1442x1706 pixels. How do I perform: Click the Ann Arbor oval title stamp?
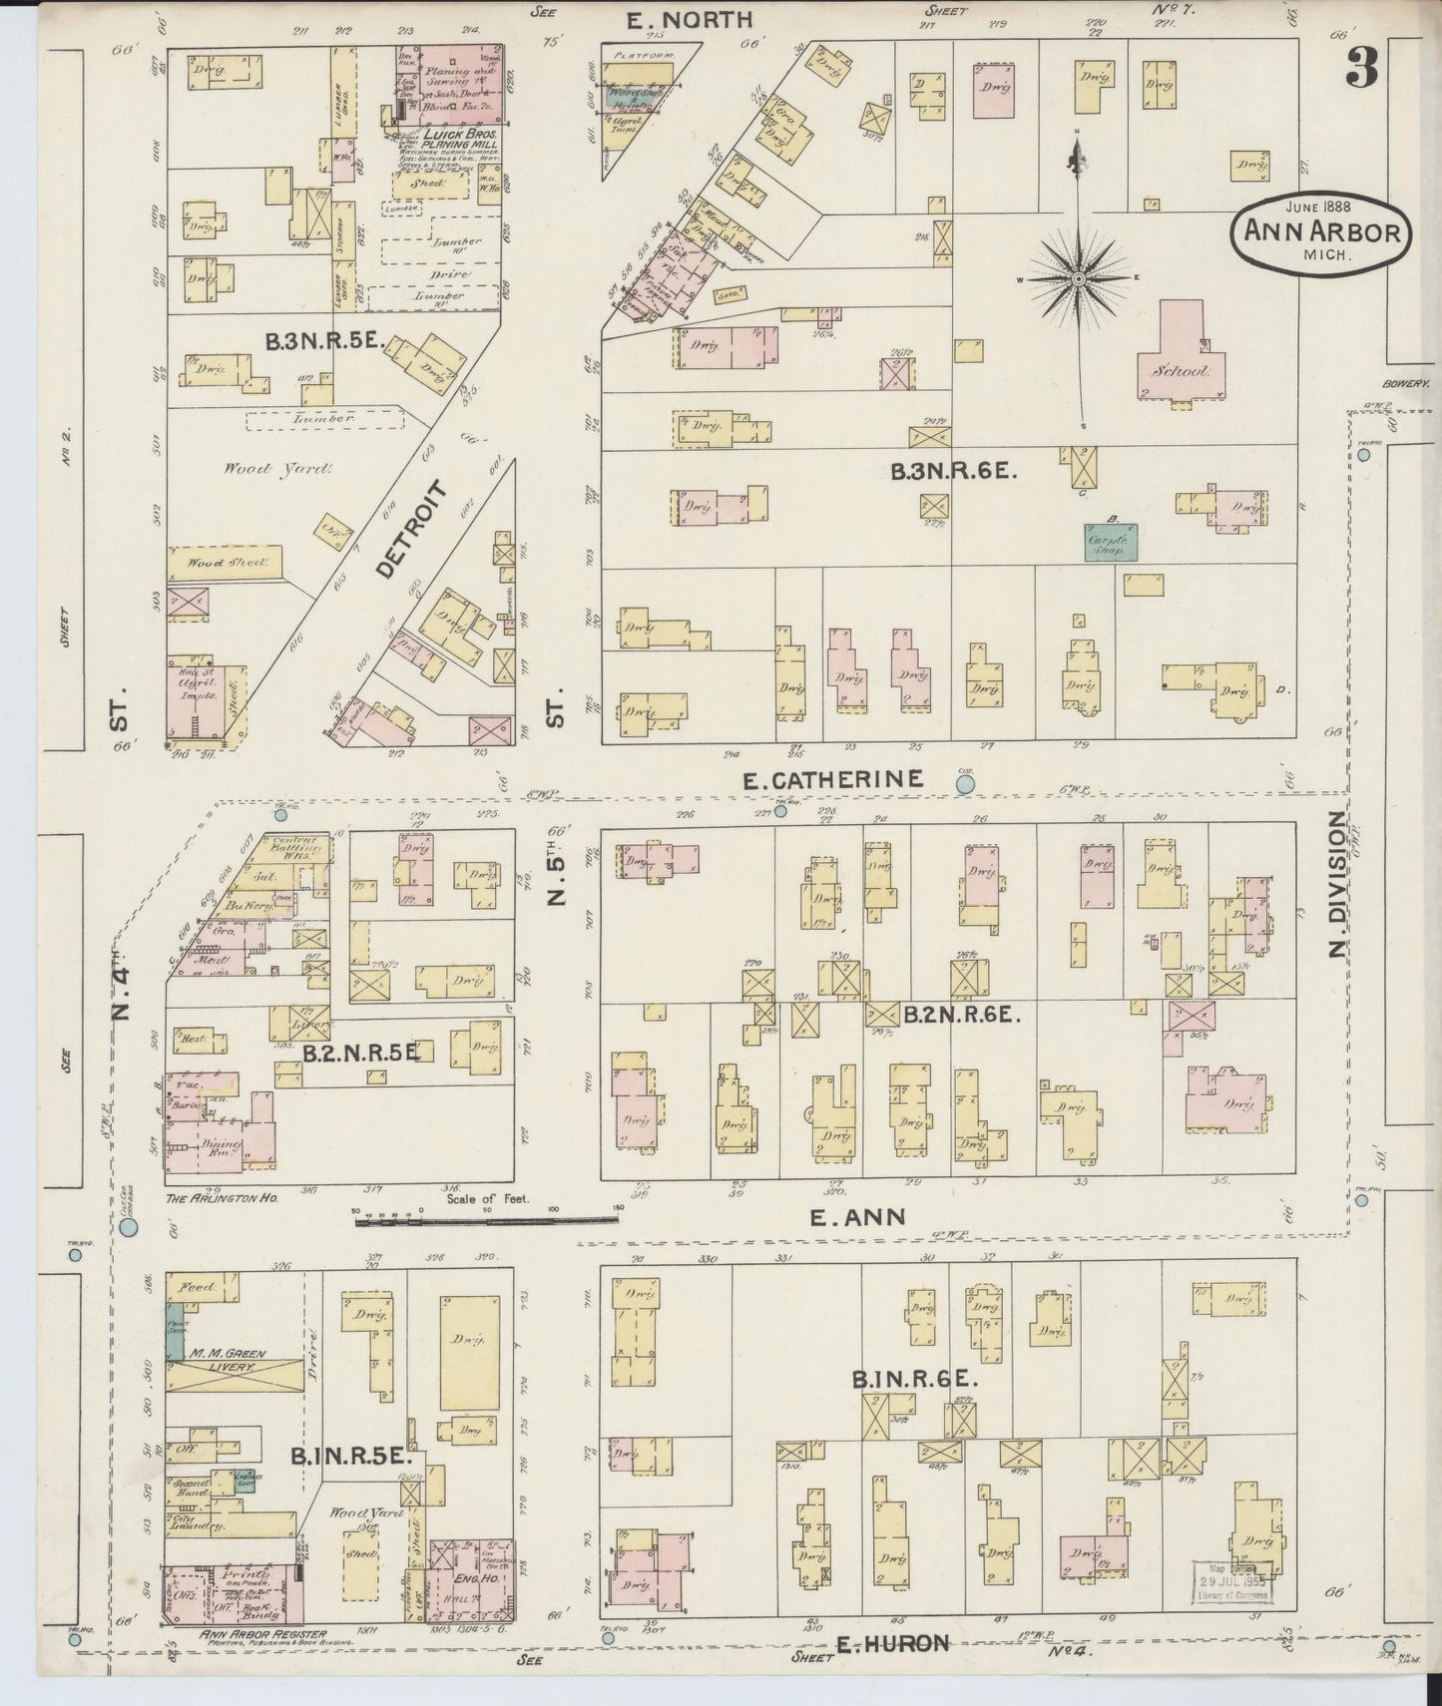click(x=1323, y=230)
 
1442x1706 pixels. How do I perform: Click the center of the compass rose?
click(x=1077, y=279)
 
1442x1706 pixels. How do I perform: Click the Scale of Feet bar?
click(x=486, y=1216)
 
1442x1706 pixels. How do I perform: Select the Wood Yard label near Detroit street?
click(x=248, y=468)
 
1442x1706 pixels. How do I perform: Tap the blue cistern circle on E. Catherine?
click(x=965, y=785)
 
